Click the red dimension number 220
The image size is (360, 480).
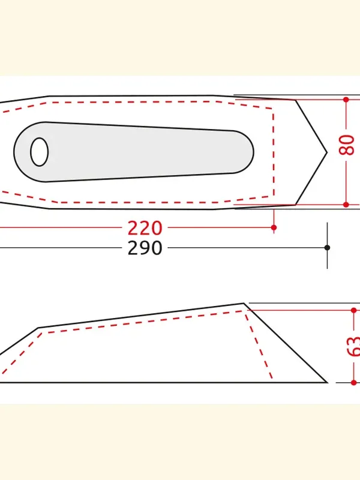click(x=145, y=228)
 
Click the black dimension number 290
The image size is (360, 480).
click(x=145, y=248)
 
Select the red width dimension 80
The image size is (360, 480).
click(x=347, y=145)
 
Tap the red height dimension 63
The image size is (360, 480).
click(x=354, y=346)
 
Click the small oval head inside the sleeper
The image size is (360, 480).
click(x=39, y=152)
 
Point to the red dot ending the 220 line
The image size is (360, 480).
click(x=274, y=227)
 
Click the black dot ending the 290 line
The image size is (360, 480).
click(x=327, y=247)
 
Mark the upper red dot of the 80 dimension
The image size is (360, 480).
click(x=346, y=100)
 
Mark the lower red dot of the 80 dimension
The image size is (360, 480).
click(x=346, y=205)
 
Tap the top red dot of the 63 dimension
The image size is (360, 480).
click(x=354, y=310)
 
